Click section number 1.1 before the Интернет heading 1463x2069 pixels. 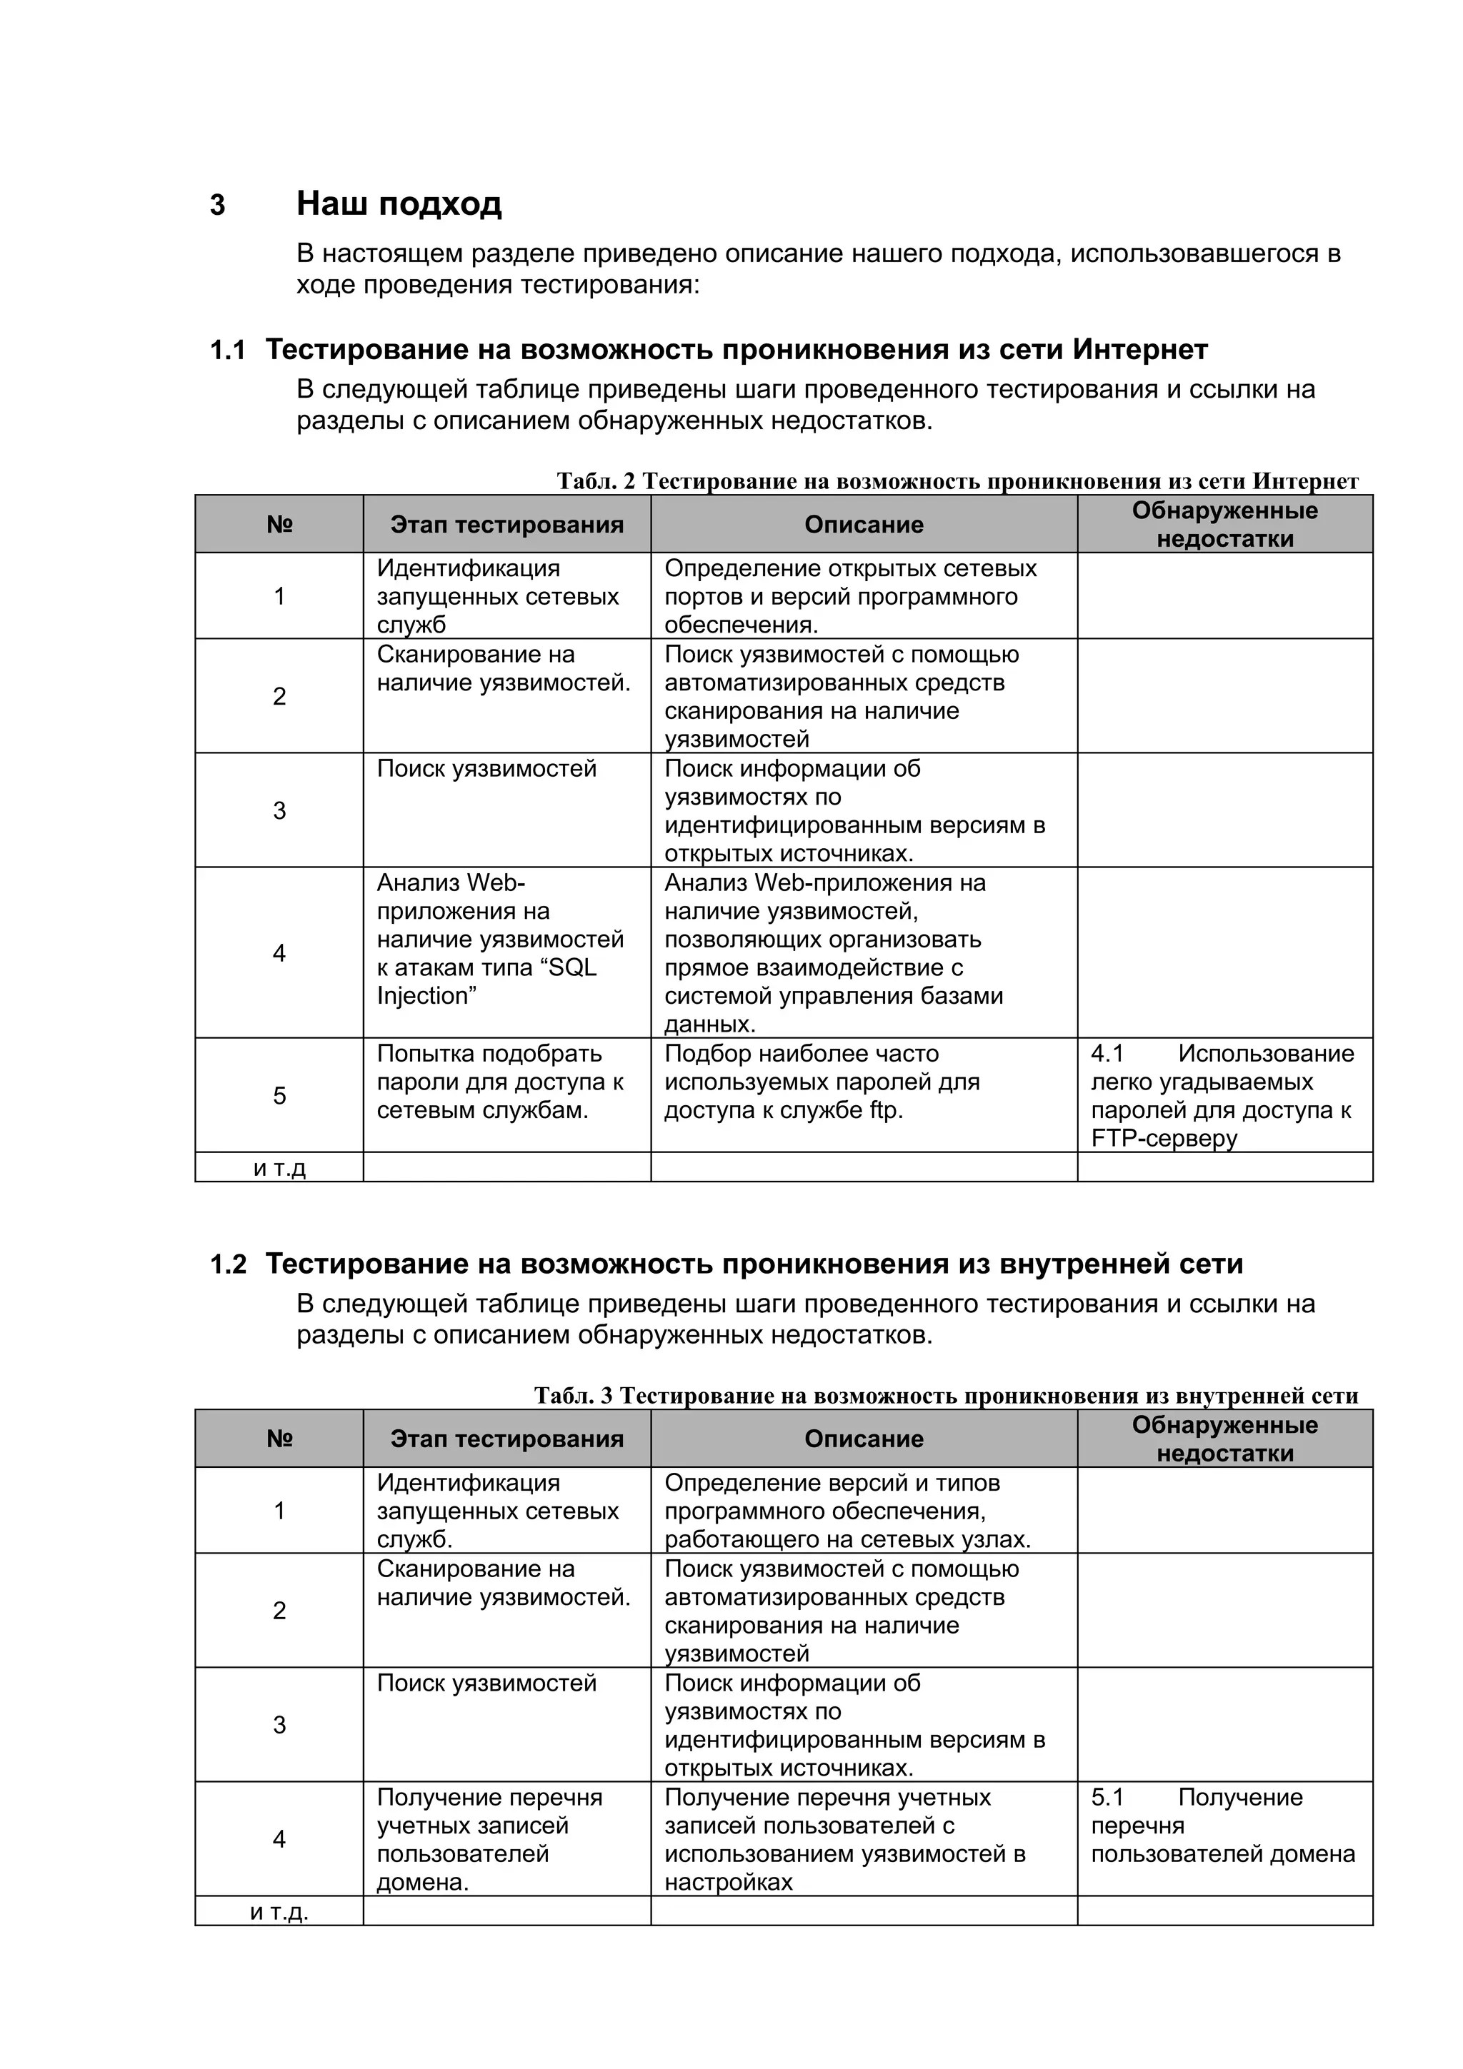227,350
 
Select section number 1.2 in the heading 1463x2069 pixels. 227,1264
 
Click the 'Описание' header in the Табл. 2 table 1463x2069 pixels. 864,525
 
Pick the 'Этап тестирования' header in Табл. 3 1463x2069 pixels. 506,1439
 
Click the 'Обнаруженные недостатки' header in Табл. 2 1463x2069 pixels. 1224,525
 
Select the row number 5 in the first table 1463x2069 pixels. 279,1096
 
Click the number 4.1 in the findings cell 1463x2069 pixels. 1107,1054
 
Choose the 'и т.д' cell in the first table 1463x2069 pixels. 279,1168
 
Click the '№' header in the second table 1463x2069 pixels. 279,1439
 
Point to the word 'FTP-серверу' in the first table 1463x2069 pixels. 1164,1138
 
